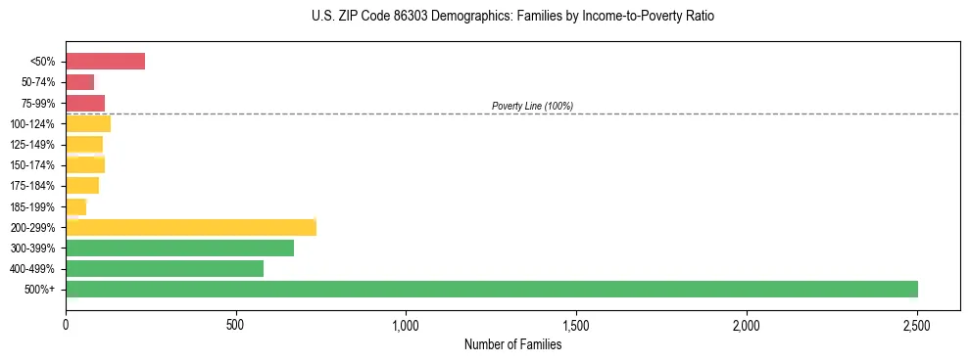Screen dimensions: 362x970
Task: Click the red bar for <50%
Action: coord(105,62)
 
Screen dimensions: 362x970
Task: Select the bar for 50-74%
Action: coord(80,82)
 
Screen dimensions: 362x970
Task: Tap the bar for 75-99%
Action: coord(85,103)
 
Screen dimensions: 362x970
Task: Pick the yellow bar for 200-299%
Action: coord(191,227)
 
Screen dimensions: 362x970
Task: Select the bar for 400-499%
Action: coord(165,268)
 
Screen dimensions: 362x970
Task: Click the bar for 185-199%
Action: coord(76,206)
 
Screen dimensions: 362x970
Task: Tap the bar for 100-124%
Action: coord(88,123)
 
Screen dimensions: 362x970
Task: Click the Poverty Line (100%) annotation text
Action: coord(532,106)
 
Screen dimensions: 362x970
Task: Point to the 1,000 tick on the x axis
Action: coord(406,325)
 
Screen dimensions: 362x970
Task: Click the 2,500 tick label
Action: coord(916,325)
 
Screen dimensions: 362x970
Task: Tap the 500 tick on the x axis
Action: coord(235,325)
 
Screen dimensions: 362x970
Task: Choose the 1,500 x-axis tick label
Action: coord(576,325)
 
